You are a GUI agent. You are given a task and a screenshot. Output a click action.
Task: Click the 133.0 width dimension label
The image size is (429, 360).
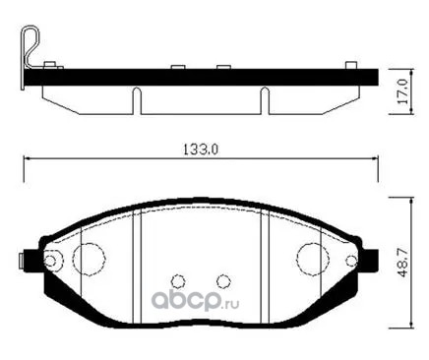[x=201, y=150]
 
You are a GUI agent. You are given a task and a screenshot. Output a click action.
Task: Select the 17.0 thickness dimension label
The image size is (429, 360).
[x=403, y=91]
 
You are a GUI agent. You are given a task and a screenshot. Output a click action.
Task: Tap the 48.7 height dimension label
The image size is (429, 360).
[x=403, y=263]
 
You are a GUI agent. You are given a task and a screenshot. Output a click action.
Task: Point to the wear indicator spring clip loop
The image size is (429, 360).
[x=31, y=46]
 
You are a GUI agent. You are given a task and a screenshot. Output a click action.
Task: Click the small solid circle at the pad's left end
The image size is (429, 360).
[x=50, y=261]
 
